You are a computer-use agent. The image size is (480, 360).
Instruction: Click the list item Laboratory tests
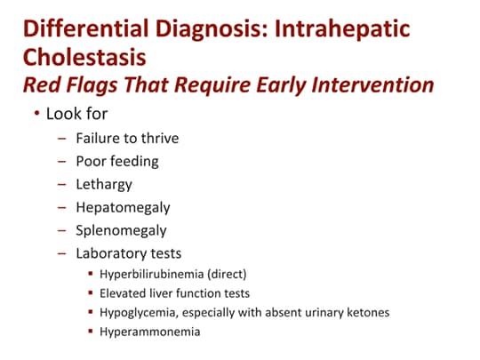pos(130,253)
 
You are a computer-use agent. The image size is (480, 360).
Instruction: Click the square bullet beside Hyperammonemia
pos(92,332)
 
